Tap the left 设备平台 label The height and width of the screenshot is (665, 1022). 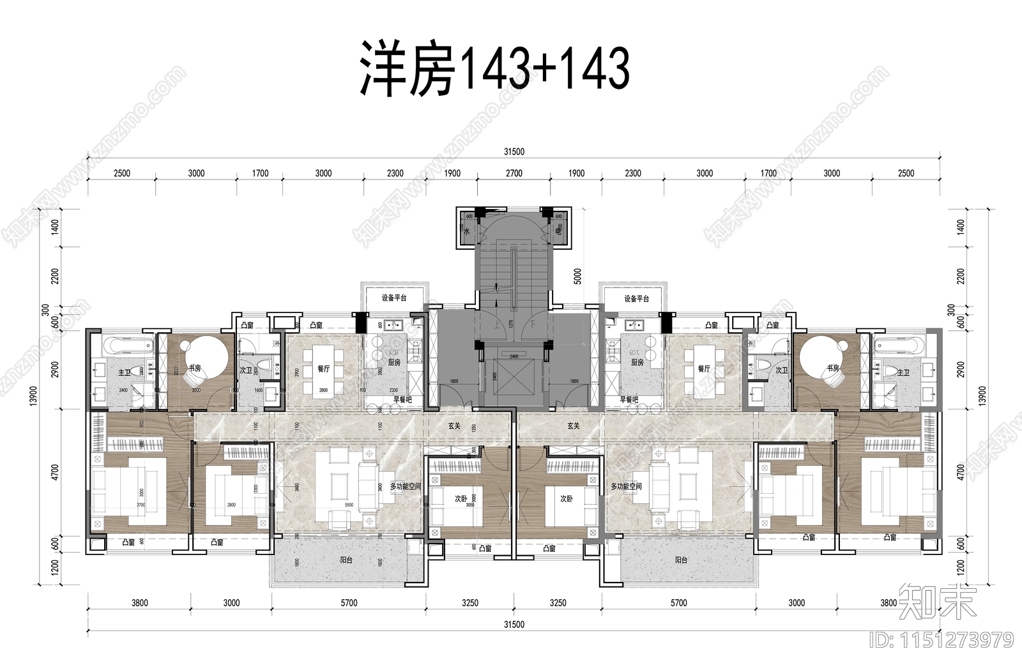click(x=394, y=298)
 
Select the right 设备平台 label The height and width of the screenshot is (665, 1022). click(x=636, y=298)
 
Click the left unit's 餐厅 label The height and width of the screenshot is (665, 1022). click(x=323, y=369)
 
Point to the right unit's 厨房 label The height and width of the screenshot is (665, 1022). click(x=637, y=362)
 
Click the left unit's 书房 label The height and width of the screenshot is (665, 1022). click(x=194, y=369)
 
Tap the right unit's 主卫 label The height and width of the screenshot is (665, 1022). click(x=903, y=372)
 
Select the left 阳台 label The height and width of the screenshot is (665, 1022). click(x=346, y=560)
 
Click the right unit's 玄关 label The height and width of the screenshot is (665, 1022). click(x=573, y=425)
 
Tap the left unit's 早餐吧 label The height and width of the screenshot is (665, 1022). click(x=402, y=399)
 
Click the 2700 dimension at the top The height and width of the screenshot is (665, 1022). click(x=514, y=173)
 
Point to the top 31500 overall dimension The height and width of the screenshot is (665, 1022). click(x=514, y=152)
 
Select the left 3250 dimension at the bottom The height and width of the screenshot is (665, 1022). click(x=469, y=602)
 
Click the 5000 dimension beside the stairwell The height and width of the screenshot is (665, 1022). click(x=578, y=276)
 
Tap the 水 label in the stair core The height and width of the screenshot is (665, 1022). click(x=466, y=233)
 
